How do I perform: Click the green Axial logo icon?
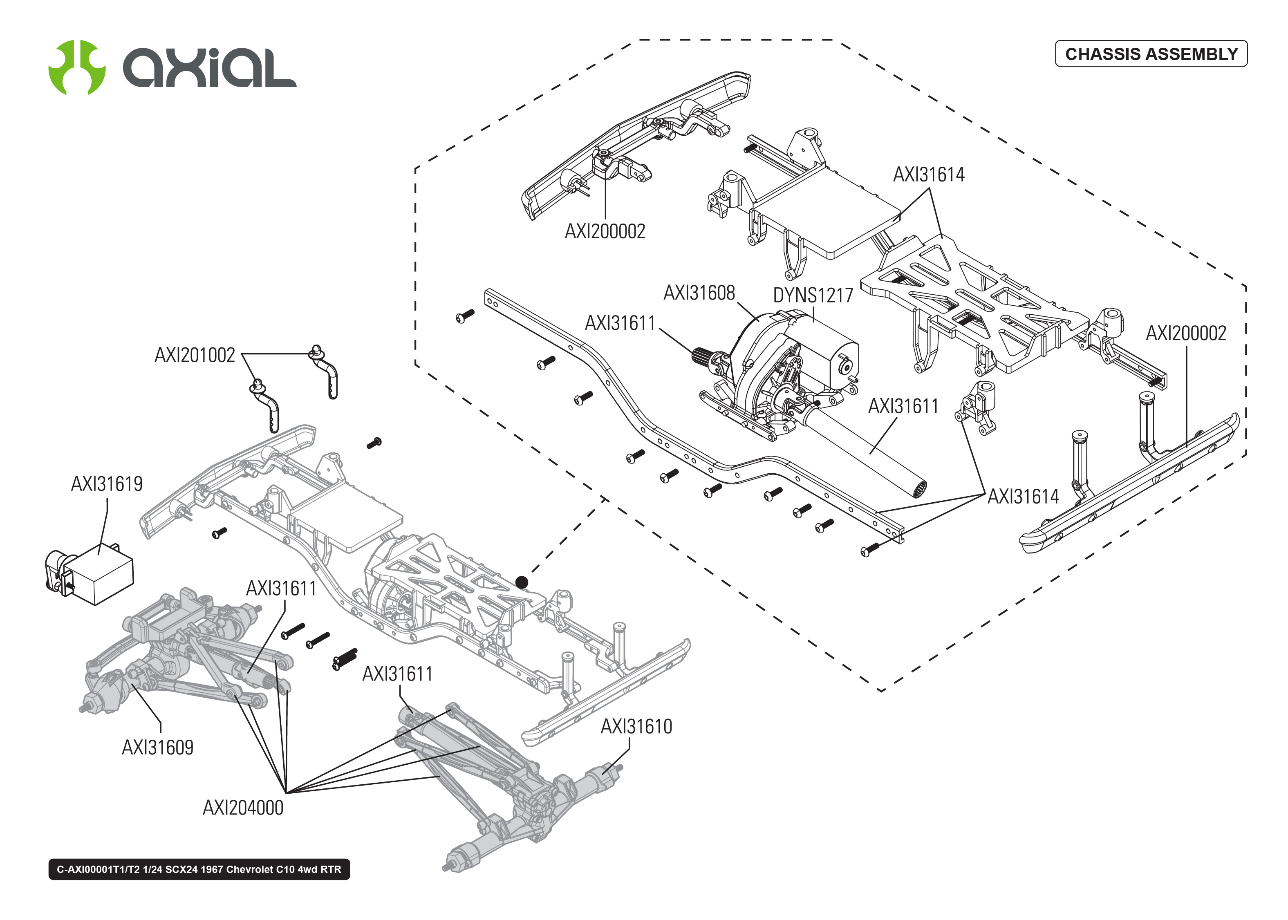76,67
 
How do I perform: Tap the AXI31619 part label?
107,484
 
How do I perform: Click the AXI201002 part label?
195,355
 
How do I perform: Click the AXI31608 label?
699,293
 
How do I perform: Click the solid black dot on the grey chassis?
522,582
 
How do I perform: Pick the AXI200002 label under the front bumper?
605,232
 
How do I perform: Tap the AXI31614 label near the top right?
928,175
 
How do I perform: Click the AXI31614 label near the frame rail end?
1023,497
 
